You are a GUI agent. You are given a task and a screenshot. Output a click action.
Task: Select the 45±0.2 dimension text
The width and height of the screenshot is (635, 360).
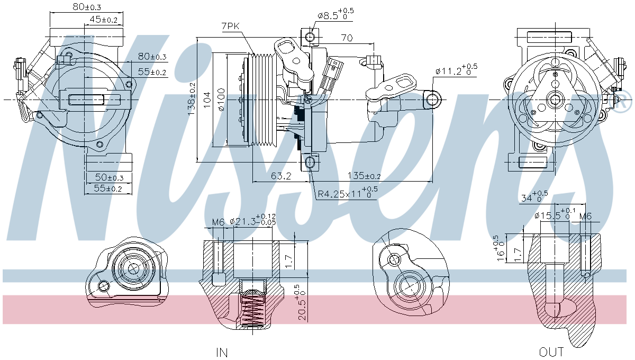pos(103,20)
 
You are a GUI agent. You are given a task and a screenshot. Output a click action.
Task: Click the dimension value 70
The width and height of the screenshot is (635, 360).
pos(347,38)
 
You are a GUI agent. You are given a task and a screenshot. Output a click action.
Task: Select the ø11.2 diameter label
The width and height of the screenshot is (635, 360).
pos(456,69)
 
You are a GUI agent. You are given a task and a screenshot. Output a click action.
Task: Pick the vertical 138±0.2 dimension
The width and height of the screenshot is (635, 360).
pos(192,98)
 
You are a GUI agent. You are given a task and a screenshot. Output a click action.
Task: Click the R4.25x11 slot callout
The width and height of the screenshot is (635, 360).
pos(347,193)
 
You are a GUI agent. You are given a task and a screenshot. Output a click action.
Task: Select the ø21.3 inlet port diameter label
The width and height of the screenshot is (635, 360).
pos(252,220)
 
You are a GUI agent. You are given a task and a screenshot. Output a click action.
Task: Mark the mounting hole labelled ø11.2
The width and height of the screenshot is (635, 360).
pos(433,99)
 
